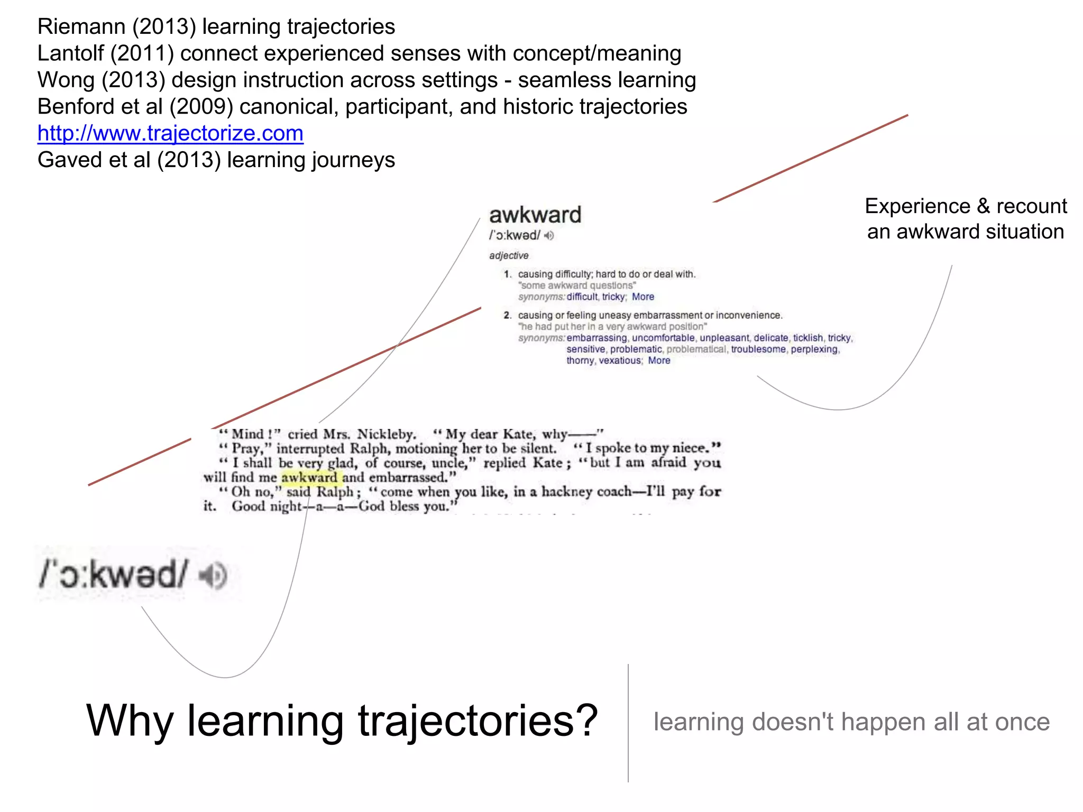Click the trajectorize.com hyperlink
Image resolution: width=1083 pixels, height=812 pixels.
pos(170,133)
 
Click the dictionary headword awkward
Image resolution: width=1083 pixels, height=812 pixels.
pos(535,215)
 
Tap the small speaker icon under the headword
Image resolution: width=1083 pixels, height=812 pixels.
pos(549,236)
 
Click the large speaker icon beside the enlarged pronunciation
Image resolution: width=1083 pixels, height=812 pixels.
pos(213,576)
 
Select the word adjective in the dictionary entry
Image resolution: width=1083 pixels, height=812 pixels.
pos(509,256)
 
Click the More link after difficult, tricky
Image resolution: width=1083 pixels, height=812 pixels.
pos(643,297)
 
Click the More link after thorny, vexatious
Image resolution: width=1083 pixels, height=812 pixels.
pos(659,361)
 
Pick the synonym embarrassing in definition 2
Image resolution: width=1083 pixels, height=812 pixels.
pos(596,338)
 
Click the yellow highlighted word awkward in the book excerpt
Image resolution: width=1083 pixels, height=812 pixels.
pos(309,478)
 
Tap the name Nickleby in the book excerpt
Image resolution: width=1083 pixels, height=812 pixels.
pos(386,435)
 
